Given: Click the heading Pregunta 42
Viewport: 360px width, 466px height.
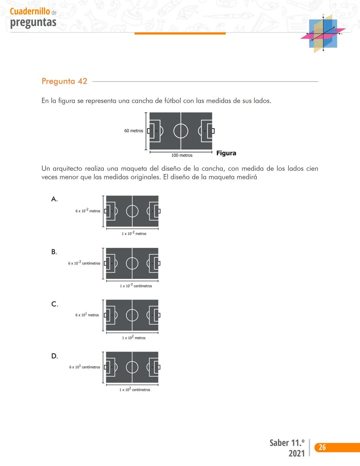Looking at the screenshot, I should [64, 81].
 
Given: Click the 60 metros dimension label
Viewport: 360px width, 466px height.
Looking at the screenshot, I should [134, 131].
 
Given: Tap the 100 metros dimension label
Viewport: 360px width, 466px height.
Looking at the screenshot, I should [182, 155].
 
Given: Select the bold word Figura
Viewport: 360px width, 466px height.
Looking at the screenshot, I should [226, 153].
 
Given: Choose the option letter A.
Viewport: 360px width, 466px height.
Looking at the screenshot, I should [54, 199].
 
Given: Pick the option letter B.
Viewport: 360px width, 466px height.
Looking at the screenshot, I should [54, 252].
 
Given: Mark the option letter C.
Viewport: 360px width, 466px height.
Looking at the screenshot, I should [55, 304].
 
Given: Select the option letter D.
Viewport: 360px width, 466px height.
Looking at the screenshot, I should [55, 356].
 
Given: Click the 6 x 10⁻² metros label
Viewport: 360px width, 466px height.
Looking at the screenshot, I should [88, 211].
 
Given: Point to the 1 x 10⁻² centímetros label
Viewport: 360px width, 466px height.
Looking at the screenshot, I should [136, 286].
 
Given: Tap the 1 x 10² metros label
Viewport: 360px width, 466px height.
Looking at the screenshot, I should [134, 338].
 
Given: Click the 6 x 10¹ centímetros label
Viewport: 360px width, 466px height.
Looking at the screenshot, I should [85, 367].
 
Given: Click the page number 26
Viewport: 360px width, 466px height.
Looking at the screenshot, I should [322, 447].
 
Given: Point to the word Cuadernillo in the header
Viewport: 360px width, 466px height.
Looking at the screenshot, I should [30, 11].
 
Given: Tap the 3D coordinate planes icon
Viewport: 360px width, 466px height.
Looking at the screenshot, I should [323, 33].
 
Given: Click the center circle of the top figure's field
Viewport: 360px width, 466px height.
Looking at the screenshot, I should [181, 131].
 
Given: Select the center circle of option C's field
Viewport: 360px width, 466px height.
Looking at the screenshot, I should [132, 315].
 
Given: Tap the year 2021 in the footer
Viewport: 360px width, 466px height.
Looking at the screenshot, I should [296, 453].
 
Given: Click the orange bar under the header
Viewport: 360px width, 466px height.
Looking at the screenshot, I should [180, 33].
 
